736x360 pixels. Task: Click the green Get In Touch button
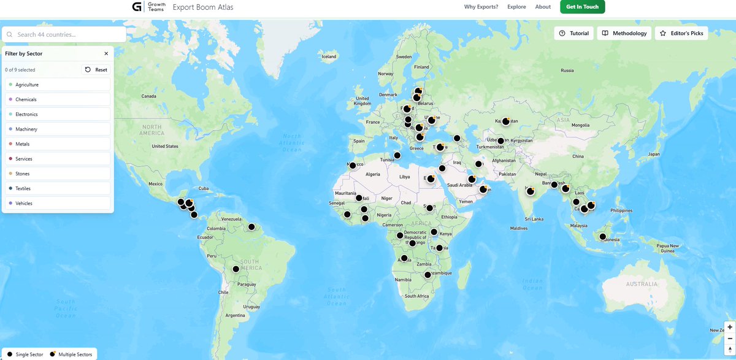(x=582, y=7)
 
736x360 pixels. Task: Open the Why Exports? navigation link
(x=481, y=7)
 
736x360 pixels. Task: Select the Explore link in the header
(x=516, y=7)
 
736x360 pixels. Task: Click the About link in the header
(x=543, y=7)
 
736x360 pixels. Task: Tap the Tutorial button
(x=573, y=33)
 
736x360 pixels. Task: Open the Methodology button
(x=624, y=33)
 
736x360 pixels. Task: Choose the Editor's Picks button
(x=681, y=33)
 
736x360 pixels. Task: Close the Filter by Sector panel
(x=106, y=54)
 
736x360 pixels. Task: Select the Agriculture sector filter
(x=58, y=85)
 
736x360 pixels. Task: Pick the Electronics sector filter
(x=58, y=114)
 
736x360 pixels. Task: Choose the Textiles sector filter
(x=58, y=188)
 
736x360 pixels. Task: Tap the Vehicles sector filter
(x=58, y=203)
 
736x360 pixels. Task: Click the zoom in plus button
(x=730, y=327)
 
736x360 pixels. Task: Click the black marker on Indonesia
(x=603, y=237)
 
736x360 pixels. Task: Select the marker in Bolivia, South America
(x=236, y=269)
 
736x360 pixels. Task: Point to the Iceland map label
(x=329, y=56)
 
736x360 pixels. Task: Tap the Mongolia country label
(x=580, y=125)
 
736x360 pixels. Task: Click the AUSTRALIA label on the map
(x=642, y=285)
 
